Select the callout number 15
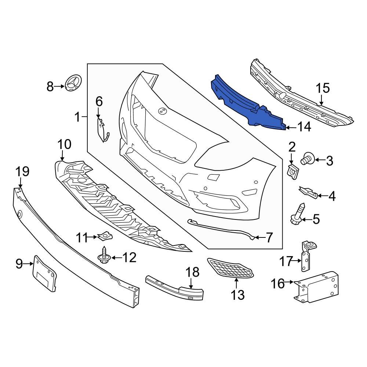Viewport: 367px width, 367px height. (323, 88)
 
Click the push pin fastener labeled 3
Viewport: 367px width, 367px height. (306, 160)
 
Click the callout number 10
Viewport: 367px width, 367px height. (64, 144)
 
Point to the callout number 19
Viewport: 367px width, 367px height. (22, 171)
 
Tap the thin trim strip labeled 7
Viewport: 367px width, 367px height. (220, 229)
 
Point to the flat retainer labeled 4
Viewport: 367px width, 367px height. (308, 192)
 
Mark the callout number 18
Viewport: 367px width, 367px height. (192, 272)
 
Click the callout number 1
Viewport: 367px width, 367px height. (77, 117)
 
